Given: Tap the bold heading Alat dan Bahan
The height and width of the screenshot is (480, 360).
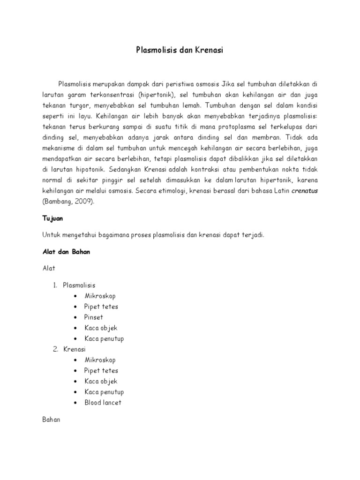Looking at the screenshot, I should click(x=66, y=252).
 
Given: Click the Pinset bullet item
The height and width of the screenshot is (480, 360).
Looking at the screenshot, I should click(x=94, y=317).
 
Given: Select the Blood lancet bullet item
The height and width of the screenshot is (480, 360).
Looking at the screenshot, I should click(x=103, y=403).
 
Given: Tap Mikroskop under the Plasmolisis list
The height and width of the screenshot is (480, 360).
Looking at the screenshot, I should click(x=100, y=296).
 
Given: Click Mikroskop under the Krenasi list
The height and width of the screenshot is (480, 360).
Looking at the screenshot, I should click(x=100, y=360).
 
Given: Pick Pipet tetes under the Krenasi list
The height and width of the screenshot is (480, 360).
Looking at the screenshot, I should click(x=101, y=371).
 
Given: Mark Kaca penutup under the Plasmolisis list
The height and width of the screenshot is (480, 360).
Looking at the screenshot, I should click(x=104, y=338).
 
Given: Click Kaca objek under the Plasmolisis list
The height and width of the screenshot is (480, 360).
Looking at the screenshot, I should click(x=101, y=328).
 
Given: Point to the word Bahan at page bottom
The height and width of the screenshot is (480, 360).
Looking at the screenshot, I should click(x=52, y=420).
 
